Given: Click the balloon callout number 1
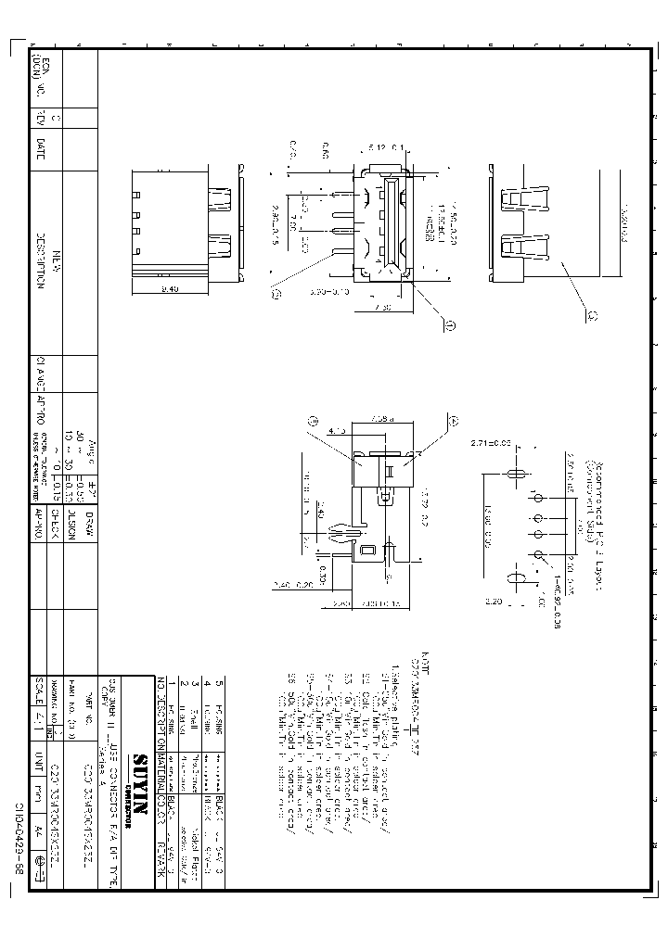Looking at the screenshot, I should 449,325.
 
